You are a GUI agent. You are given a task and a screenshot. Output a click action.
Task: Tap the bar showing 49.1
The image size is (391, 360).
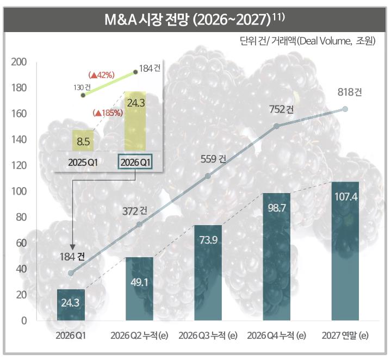coord(139,288)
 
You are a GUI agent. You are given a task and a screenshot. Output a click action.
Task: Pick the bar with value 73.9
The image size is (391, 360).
coord(208,272)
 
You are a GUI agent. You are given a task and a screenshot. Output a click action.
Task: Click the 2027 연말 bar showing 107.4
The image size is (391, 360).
coord(345,250)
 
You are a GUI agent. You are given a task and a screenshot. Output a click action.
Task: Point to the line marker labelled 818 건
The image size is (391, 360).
coord(345,109)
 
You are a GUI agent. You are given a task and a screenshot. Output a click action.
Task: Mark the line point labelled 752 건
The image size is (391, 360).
coord(276,126)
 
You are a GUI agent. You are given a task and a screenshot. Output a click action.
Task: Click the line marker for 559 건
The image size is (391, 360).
coord(208,176)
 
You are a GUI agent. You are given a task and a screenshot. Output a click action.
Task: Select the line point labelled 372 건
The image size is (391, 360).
coord(139,224)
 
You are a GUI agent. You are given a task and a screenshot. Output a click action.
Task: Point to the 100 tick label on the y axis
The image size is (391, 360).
coord(20,191)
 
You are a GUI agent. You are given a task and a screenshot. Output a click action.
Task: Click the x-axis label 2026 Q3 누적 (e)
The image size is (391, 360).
coord(208,334)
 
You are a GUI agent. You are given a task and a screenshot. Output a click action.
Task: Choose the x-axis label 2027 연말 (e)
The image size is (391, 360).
coord(345,334)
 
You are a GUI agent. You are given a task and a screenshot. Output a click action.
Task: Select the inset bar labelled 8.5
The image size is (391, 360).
coord(83,140)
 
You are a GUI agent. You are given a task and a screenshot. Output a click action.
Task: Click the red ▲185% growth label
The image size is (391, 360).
coord(108,113)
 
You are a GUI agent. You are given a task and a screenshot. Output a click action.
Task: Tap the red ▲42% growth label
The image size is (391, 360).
coord(100,75)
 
